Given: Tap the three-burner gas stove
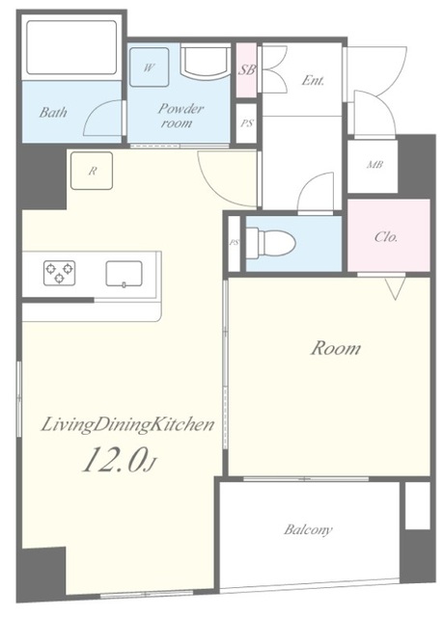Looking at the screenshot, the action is (x=59, y=273).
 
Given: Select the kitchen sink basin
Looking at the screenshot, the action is (x=124, y=274).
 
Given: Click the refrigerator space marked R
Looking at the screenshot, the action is (x=92, y=172).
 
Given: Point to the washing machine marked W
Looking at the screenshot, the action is (x=150, y=67).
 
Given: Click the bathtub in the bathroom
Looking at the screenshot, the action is (x=71, y=47).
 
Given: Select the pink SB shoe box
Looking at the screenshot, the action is (x=247, y=70).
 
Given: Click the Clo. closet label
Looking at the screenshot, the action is (x=386, y=237).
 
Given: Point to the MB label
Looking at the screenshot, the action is (x=375, y=165).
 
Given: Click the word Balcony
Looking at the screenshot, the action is (x=308, y=529).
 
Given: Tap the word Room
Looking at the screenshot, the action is (x=335, y=349).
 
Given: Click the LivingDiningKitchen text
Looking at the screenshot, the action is (x=127, y=425).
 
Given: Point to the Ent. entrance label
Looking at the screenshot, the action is (x=313, y=81).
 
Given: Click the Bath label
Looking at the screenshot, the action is (x=53, y=113).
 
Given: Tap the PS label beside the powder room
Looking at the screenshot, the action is (x=247, y=123).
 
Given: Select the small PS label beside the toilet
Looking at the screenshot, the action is (x=234, y=243).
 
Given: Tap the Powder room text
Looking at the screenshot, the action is (x=180, y=116).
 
